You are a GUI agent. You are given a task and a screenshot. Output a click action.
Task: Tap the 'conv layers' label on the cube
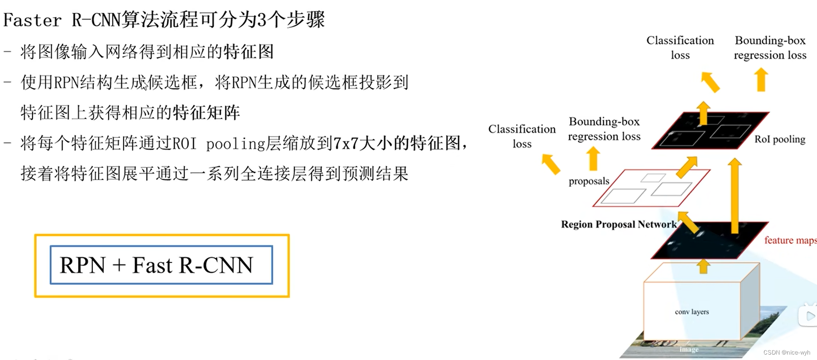[691, 312]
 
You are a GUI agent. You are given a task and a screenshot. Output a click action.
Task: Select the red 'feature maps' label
[789, 240]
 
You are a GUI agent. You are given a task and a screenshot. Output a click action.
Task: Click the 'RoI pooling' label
[779, 139]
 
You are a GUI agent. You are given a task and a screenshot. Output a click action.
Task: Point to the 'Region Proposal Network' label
[619, 224]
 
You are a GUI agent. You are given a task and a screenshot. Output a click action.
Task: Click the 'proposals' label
[589, 181]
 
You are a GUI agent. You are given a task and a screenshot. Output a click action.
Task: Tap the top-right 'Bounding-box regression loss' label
[770, 48]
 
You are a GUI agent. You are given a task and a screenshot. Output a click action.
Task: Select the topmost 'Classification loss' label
[680, 48]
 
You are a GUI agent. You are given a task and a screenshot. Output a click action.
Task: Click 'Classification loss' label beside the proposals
[522, 136]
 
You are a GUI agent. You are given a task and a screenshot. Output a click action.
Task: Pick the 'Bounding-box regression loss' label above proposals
[604, 129]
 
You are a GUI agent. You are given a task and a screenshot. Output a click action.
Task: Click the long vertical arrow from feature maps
[735, 195]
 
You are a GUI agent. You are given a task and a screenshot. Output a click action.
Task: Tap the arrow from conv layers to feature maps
[703, 266]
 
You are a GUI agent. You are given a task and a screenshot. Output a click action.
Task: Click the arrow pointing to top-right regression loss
[761, 80]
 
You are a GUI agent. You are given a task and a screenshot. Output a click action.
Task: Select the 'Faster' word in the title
[32, 20]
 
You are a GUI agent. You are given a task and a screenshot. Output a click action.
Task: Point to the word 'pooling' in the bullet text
[235, 144]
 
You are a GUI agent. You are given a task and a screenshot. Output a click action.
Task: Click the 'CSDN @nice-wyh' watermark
[787, 352]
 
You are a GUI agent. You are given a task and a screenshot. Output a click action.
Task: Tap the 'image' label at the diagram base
[689, 350]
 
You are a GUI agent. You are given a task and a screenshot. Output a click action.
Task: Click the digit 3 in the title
[261, 20]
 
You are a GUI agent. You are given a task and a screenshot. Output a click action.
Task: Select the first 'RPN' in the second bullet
[66, 83]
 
